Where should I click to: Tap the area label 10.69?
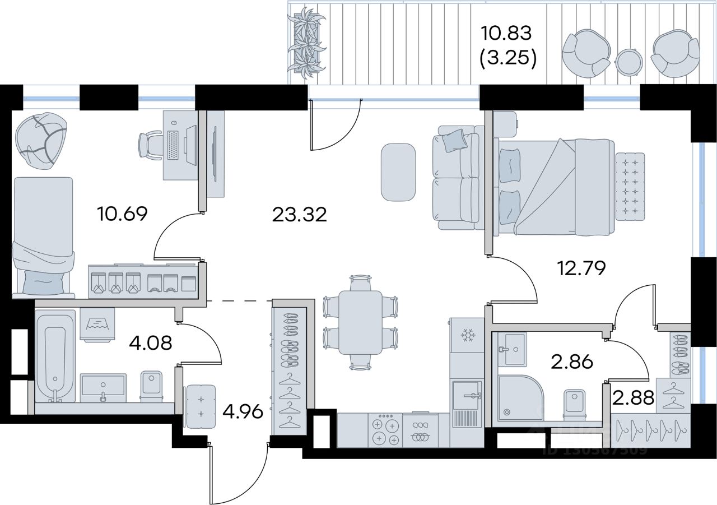(x=122, y=214)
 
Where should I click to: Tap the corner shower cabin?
(x=519, y=398)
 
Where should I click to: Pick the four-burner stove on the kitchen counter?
(x=385, y=431)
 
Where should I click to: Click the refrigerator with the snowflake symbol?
(x=466, y=336)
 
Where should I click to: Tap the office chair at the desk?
(x=151, y=145)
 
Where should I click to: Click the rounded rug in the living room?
(x=398, y=172)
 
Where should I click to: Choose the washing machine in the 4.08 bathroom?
(x=97, y=324)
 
